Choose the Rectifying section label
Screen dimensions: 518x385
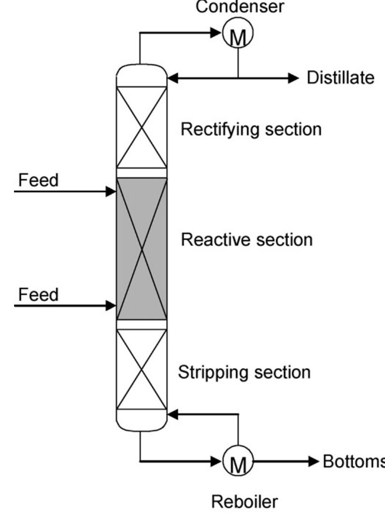[x=251, y=129]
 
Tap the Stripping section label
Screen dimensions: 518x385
[x=244, y=373]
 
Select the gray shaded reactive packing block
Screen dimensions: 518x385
[x=142, y=248]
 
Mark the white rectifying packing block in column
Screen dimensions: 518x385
[x=142, y=127]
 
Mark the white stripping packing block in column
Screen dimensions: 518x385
[x=142, y=370]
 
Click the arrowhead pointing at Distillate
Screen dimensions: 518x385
[x=294, y=77]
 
